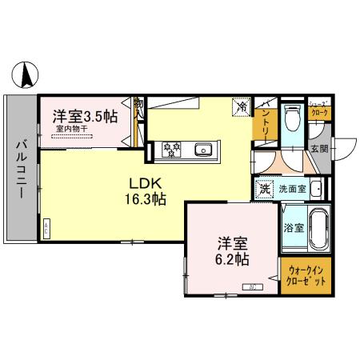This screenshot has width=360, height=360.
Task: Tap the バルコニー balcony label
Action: point(21,166)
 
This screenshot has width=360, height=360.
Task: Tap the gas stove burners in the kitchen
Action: point(172,148)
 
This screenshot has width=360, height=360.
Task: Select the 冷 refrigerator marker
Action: point(240,105)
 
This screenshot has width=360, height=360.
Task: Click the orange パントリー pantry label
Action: point(266,122)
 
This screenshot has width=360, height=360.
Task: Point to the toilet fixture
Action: point(293,119)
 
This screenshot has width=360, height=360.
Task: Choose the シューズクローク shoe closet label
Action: point(318,109)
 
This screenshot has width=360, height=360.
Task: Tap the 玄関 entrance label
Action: point(318,149)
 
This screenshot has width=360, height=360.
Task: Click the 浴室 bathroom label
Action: point(293,227)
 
